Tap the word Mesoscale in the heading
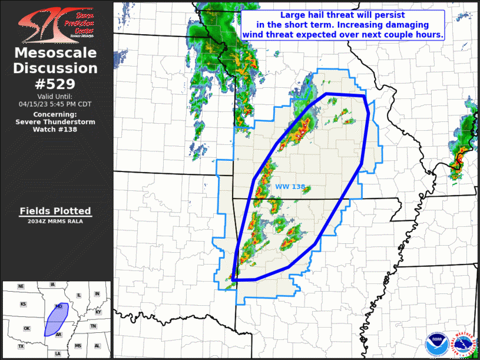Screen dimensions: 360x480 click(55, 54)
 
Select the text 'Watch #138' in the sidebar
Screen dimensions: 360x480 click(55, 129)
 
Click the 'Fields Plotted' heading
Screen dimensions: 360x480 click(55, 211)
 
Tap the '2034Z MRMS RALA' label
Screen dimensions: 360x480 click(55, 222)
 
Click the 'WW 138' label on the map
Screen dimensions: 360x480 click(290, 187)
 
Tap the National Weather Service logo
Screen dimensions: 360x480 click(462, 344)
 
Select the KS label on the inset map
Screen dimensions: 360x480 click(24, 304)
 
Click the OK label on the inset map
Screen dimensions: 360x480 click(27, 328)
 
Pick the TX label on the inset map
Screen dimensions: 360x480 click(21, 346)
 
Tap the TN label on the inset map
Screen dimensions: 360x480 click(93, 326)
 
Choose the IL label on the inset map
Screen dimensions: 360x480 click(78, 295)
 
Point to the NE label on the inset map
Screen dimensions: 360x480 click(21, 286)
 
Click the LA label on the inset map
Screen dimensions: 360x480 click(58, 353)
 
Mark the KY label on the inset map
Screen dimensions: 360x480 click(98, 312)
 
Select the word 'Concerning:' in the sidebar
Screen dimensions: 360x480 click(55, 114)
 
